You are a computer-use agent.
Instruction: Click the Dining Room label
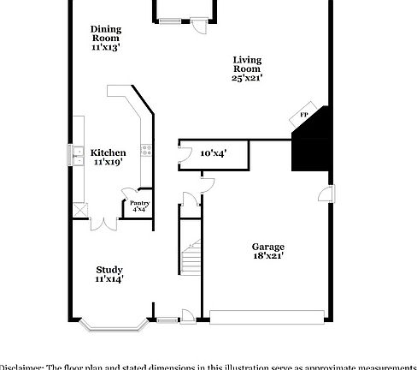106,33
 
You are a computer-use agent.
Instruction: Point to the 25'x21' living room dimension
246,78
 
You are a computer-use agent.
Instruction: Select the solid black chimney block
310,143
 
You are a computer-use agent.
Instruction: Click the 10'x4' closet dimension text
213,153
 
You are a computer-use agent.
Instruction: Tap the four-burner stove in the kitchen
146,152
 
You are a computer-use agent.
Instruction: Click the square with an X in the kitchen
79,208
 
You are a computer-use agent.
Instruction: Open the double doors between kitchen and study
103,224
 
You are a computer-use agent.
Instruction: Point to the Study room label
109,269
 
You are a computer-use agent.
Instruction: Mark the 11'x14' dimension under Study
109,278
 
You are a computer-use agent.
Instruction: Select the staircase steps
190,257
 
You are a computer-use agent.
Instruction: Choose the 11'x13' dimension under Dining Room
106,48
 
